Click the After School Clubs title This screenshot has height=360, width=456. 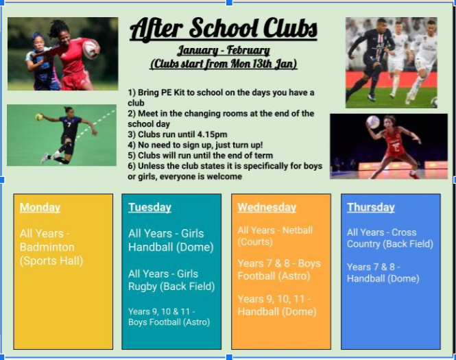(x=224, y=29)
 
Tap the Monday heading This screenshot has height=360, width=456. (x=40, y=207)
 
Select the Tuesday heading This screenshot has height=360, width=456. (x=149, y=207)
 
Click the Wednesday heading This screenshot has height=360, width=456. (x=267, y=207)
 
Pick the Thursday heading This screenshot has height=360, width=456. (x=371, y=207)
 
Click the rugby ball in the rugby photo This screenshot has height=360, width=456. (x=90, y=49)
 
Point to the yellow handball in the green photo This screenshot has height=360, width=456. (x=39, y=117)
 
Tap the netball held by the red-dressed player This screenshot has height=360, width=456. (x=373, y=121)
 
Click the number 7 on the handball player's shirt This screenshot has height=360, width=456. (x=69, y=125)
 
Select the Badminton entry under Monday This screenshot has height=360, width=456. (x=51, y=247)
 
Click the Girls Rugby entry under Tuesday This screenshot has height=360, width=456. (x=171, y=280)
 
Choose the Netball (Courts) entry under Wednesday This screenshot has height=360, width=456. (x=275, y=236)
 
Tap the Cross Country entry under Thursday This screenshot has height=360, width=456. (x=390, y=238)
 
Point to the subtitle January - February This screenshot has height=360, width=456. (x=224, y=51)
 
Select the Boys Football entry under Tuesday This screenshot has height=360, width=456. (x=169, y=317)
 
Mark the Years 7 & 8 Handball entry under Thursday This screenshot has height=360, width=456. (x=383, y=273)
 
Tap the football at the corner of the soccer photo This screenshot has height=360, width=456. (x=433, y=102)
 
